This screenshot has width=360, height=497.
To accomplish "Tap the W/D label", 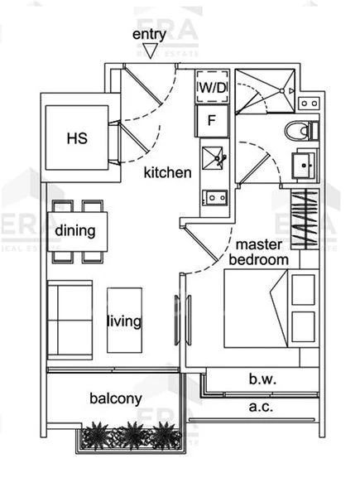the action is click(x=213, y=88).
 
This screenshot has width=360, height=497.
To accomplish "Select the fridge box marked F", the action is click(x=212, y=121).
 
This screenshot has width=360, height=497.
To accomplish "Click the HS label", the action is click(x=77, y=138).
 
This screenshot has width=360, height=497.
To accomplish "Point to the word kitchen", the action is click(x=167, y=173).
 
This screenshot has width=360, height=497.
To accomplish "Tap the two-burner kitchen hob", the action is click(x=215, y=198).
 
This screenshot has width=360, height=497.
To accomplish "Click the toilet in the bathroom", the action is click(x=301, y=130).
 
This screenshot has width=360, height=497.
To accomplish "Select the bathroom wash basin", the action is click(x=304, y=165).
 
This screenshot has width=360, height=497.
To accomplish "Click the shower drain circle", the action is click(x=282, y=91).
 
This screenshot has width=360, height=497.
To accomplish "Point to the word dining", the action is click(x=75, y=230).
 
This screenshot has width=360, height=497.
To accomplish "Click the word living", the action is click(x=124, y=321).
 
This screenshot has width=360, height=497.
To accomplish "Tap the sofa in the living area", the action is click(x=70, y=320).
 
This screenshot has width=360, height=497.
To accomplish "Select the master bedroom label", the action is click(x=259, y=252).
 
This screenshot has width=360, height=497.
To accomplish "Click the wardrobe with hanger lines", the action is click(x=305, y=219).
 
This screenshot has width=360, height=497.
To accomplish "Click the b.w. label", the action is click(x=262, y=379).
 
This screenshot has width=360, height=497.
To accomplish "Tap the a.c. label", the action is click(x=261, y=407).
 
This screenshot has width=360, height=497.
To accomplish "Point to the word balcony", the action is click(x=116, y=398).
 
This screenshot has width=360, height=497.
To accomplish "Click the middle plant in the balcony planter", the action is click(x=132, y=436).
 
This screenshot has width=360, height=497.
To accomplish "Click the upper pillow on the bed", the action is click(x=304, y=290).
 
